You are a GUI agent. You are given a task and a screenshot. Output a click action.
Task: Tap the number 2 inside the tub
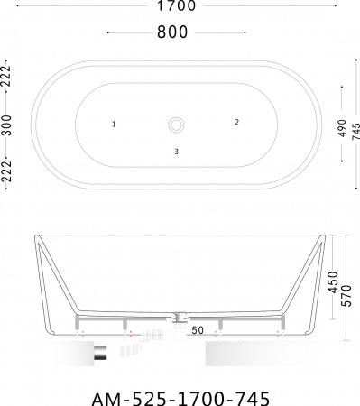[x=236, y=121]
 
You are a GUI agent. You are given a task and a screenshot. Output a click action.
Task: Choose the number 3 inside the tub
[x=177, y=151]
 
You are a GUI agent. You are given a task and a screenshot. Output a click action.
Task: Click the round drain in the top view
[x=178, y=123]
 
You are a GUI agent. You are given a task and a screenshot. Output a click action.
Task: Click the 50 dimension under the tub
[x=196, y=330]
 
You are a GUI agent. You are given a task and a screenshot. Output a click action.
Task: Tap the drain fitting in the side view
[x=179, y=317]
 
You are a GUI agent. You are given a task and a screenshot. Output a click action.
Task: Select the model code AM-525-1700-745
[x=180, y=393]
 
